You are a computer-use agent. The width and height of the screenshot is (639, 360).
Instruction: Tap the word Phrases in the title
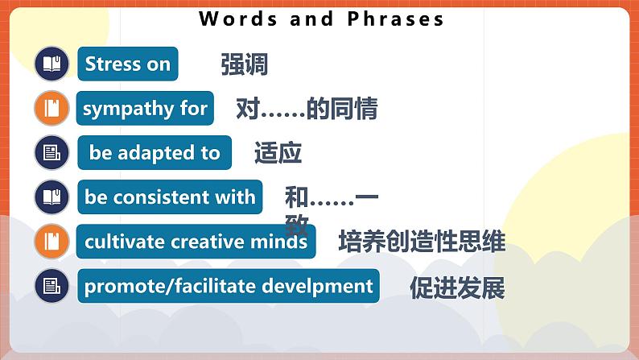[x=395, y=19]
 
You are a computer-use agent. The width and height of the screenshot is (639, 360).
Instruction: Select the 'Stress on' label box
[x=127, y=64]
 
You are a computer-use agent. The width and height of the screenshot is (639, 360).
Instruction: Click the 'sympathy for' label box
[x=145, y=109]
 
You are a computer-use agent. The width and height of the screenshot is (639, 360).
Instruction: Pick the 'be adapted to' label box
[x=155, y=153]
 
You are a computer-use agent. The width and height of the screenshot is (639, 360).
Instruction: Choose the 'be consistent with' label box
[x=169, y=197]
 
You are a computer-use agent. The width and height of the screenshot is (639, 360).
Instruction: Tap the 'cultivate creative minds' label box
[x=196, y=242]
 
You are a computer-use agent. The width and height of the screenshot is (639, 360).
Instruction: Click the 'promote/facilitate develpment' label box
[x=229, y=286]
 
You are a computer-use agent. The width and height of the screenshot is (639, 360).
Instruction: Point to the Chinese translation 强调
[x=244, y=65]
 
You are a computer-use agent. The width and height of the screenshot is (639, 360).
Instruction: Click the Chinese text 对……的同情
[x=307, y=109]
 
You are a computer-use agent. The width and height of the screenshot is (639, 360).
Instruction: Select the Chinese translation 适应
[x=278, y=153]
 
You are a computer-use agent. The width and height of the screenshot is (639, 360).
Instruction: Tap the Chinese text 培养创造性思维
[x=422, y=242]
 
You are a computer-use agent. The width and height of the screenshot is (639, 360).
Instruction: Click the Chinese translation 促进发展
[x=456, y=288]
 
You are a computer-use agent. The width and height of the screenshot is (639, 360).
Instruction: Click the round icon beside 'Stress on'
[x=52, y=64]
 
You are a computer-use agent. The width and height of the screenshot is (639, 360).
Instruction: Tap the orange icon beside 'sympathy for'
[x=52, y=109]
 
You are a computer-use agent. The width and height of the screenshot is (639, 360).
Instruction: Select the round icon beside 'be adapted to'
[x=52, y=153]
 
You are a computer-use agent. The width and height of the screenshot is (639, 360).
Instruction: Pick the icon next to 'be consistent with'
[x=52, y=197]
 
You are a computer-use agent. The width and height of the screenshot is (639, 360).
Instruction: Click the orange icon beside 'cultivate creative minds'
[x=52, y=242]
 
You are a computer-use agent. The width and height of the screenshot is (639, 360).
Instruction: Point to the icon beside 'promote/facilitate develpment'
[x=52, y=286]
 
